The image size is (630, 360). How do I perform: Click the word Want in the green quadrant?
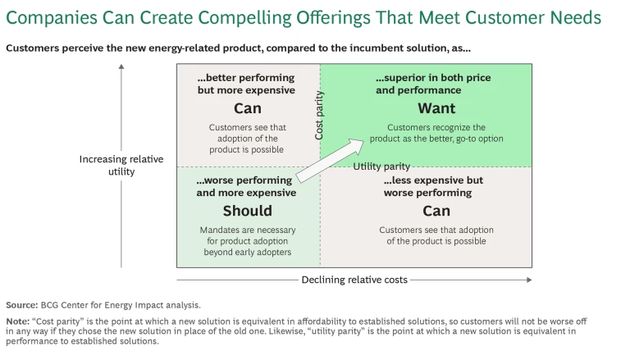[436, 109]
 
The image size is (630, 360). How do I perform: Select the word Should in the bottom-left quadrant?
[247, 211]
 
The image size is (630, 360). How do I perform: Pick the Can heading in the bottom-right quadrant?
[436, 211]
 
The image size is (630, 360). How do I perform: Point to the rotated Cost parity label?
[320, 115]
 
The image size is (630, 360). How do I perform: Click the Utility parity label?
[381, 166]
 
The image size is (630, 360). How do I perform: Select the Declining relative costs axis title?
[354, 280]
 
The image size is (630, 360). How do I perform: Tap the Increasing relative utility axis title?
[121, 165]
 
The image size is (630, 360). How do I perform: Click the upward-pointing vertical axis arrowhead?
[121, 68]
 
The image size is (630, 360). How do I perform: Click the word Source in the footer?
[21, 304]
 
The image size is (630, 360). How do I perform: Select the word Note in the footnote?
[16, 321]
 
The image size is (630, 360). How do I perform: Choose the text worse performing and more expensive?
[246, 186]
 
